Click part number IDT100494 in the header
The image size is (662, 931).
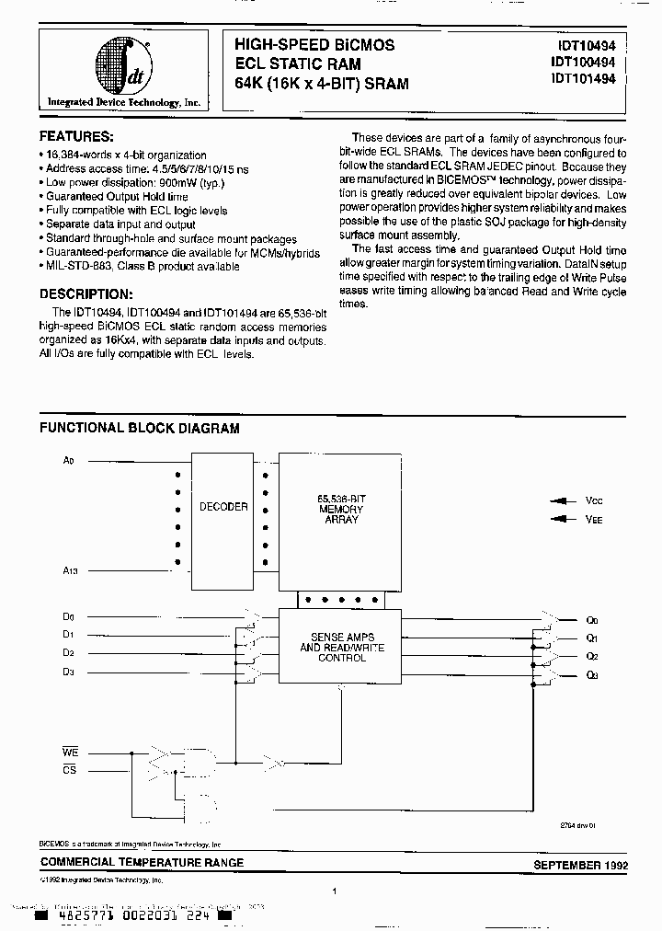pos(588,61)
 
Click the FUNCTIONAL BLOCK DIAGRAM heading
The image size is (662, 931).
pos(139,428)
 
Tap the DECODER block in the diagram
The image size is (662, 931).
pos(223,507)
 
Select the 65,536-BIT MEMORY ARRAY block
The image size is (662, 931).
pos(340,509)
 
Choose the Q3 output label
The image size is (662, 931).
pos(592,676)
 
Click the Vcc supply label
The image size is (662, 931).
pos(594,501)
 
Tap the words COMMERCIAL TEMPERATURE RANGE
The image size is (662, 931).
pos(142,862)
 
